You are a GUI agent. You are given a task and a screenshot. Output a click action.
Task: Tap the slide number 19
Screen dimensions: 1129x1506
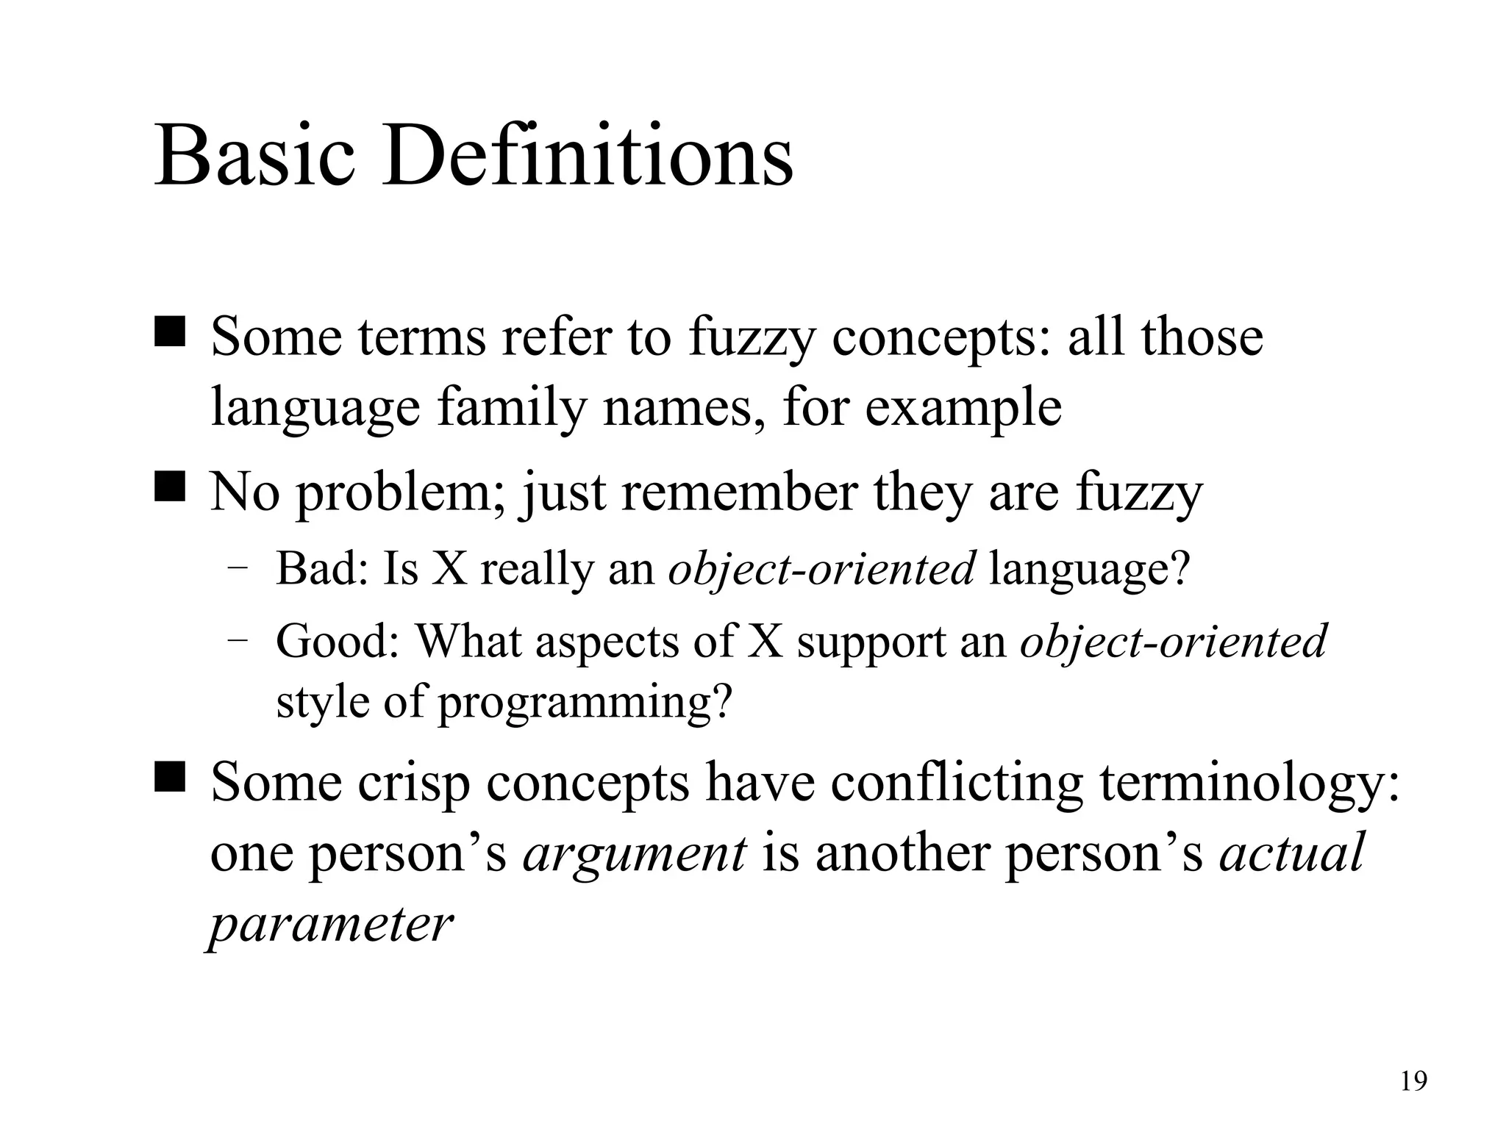pyautogui.click(x=1413, y=1081)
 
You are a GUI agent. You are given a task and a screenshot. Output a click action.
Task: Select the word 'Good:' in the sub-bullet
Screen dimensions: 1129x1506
pyautogui.click(x=338, y=641)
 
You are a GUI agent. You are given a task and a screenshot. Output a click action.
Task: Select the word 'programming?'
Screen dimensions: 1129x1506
pyautogui.click(x=585, y=703)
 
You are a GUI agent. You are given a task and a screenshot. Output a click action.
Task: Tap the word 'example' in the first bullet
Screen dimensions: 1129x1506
pyautogui.click(x=963, y=408)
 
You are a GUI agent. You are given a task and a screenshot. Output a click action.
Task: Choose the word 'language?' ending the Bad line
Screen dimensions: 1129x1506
pyautogui.click(x=1089, y=570)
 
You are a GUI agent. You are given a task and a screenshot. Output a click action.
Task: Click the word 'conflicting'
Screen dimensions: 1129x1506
pyautogui.click(x=957, y=784)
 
